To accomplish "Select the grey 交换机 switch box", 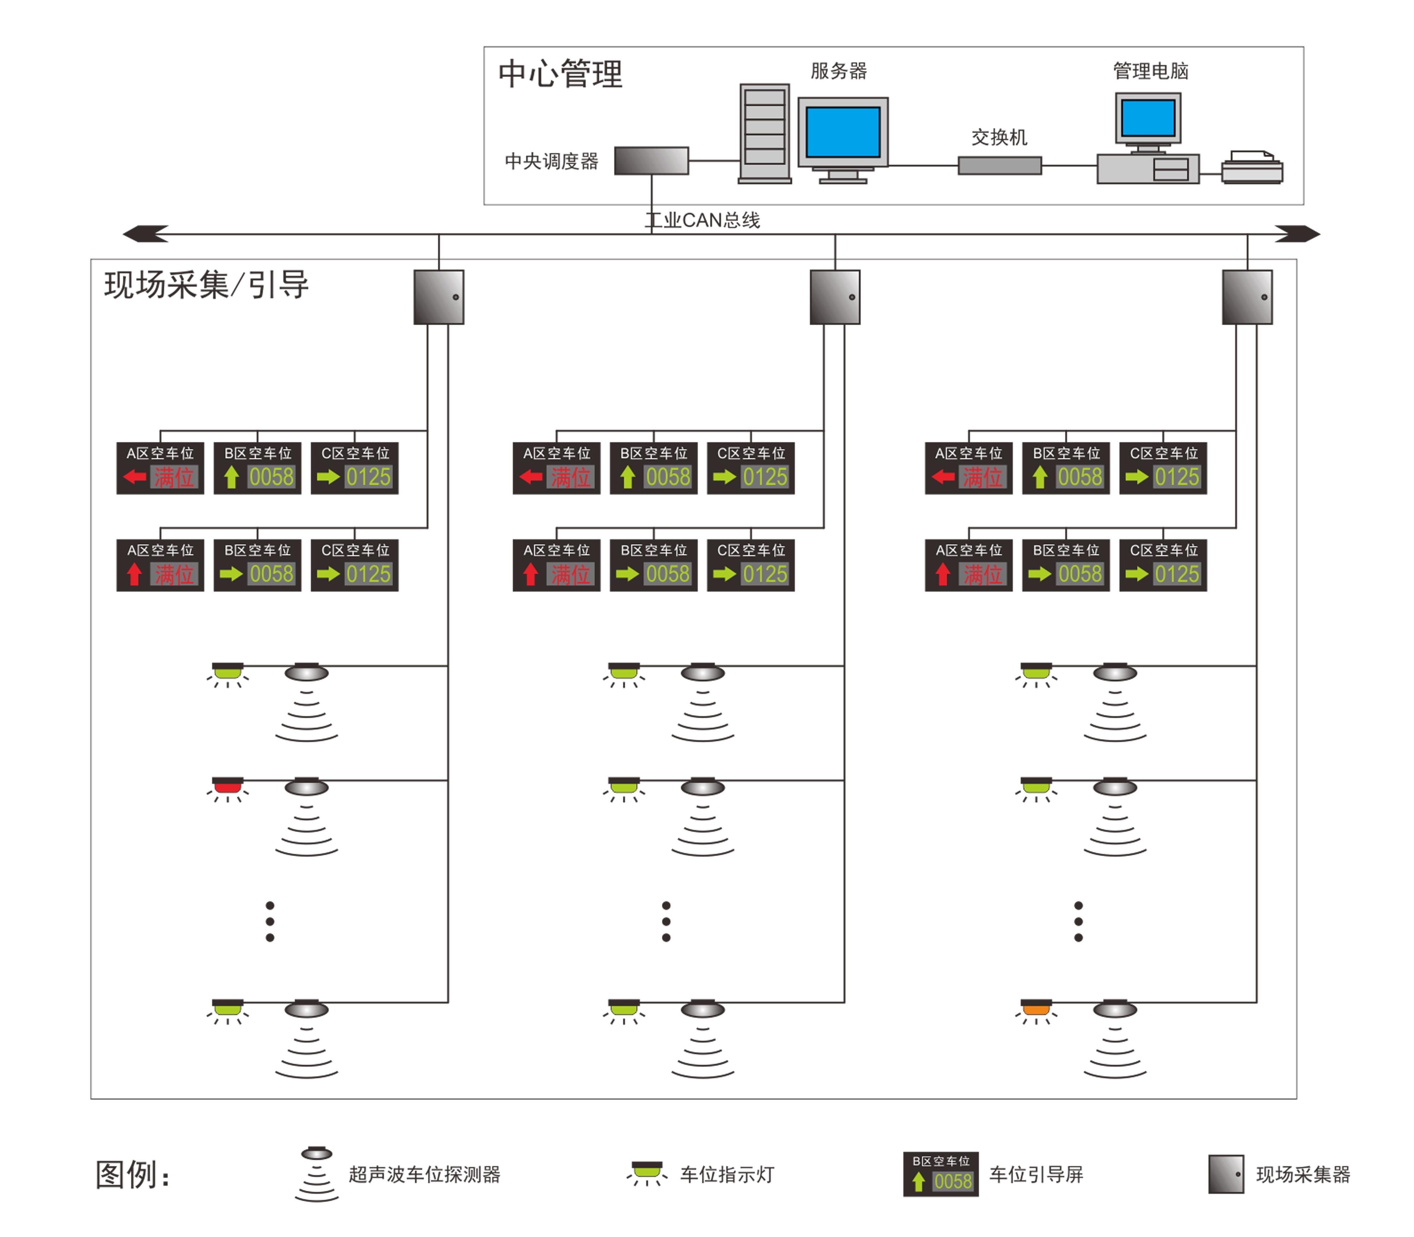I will pos(999,166).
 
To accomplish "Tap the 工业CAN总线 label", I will pos(702,220).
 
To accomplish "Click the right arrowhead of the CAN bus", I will pos(1298,234).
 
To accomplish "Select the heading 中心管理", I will pos(560,74).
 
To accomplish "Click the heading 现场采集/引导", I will pos(206,285).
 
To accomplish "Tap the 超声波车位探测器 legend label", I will pos(424,1174).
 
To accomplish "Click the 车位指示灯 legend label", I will pos(727,1174).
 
